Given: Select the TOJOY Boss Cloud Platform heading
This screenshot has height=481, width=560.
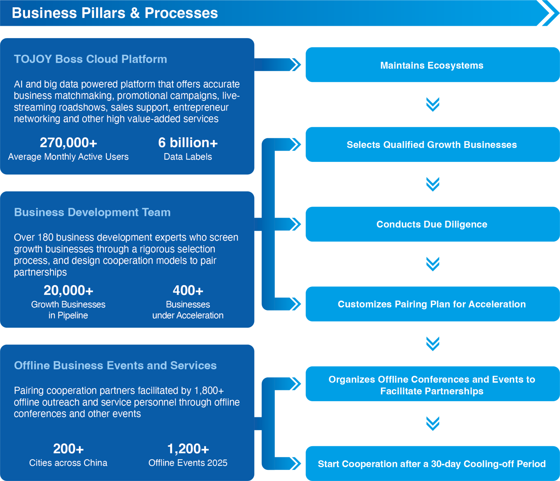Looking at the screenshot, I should point(90,59).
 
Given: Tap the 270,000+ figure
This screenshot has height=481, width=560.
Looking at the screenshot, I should point(68,142).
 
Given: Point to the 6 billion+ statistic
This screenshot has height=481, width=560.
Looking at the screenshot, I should point(188,142).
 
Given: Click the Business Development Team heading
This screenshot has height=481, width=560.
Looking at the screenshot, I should point(92,212).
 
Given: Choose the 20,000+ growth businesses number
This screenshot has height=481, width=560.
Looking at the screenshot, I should point(68,290).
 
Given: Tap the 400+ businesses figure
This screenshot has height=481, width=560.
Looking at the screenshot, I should point(188,290).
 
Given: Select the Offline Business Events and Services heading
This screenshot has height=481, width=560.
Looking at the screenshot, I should point(115,365).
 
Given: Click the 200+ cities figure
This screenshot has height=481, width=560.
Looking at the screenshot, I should point(68,448).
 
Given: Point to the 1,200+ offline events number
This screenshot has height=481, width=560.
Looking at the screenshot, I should point(188,448).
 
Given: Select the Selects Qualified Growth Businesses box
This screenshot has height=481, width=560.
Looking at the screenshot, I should point(432,145).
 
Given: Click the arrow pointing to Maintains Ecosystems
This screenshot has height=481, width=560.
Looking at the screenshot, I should point(278,65).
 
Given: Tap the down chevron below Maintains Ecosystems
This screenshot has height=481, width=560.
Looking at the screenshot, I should point(432,104).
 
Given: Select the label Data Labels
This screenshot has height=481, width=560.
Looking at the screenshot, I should point(188,157).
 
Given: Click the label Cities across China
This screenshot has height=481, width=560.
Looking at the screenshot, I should point(68,463).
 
